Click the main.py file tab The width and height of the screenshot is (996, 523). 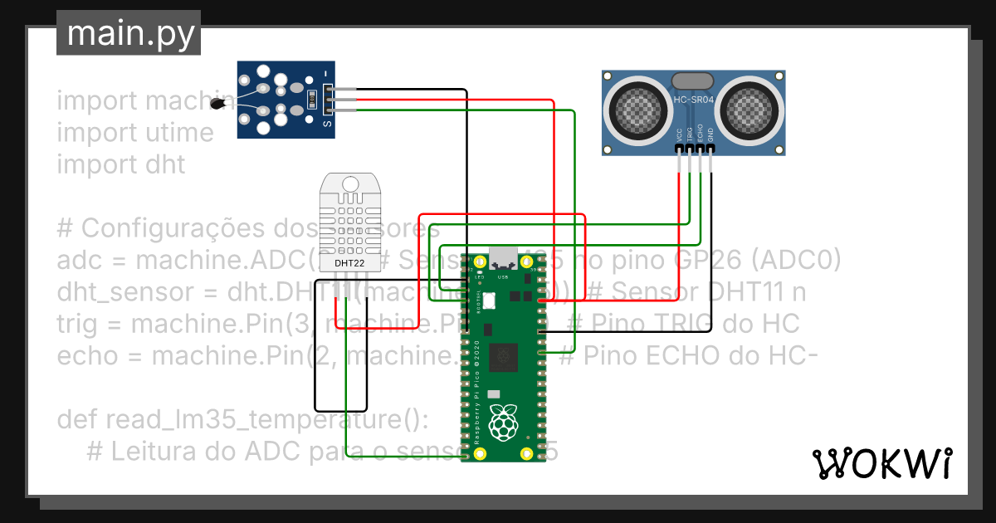click(x=129, y=33)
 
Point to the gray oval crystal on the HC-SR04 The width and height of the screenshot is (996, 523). click(x=691, y=81)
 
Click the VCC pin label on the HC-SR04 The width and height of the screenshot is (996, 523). click(x=680, y=134)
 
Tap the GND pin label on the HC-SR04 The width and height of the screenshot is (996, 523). click(x=710, y=134)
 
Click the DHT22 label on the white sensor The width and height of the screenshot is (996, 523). click(x=349, y=263)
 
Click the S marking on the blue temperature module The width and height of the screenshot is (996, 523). click(x=326, y=125)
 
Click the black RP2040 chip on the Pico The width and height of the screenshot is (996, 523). click(x=502, y=358)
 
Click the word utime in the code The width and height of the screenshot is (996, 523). click(x=180, y=133)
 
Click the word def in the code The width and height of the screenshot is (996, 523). click(x=77, y=420)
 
